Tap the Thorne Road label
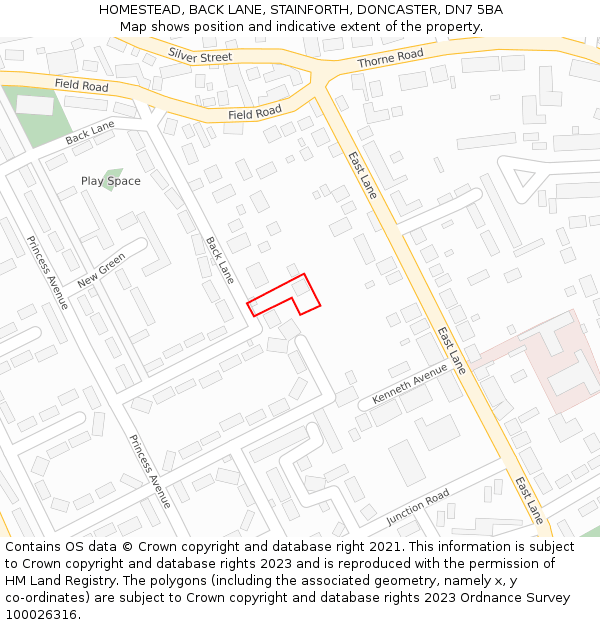(391, 59)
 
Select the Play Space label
(110, 181)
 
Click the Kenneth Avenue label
(410, 384)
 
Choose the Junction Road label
(418, 508)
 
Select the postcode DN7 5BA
(472, 10)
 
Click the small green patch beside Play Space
(113, 172)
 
